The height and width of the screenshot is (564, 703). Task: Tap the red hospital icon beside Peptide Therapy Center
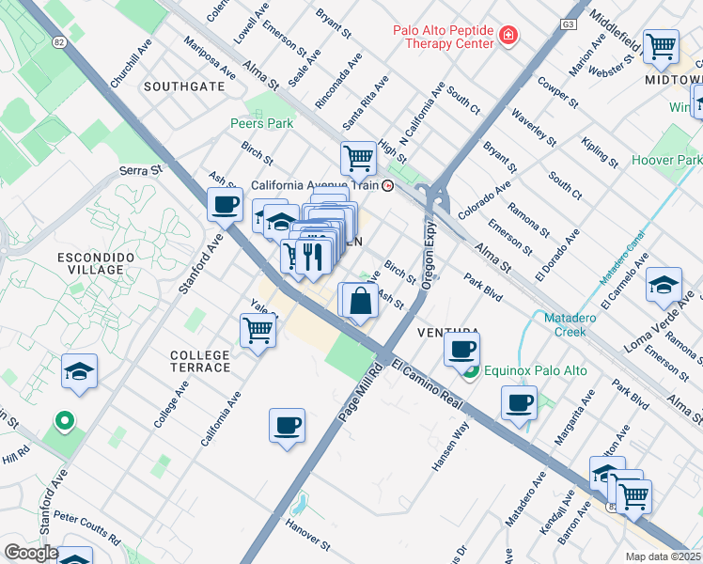click(x=508, y=36)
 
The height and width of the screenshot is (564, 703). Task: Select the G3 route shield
click(x=569, y=23)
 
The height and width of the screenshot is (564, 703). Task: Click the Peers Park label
click(x=262, y=123)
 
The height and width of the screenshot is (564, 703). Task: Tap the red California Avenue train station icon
click(x=387, y=185)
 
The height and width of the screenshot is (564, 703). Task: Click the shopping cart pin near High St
click(x=358, y=159)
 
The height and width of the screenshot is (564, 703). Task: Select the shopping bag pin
click(x=360, y=302)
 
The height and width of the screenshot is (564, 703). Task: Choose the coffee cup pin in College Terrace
click(x=288, y=425)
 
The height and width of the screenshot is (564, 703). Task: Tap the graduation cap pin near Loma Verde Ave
click(x=664, y=285)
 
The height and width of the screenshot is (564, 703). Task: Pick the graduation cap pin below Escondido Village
click(x=80, y=371)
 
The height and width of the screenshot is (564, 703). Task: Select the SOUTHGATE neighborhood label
click(x=184, y=86)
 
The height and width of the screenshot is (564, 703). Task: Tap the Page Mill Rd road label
click(x=367, y=383)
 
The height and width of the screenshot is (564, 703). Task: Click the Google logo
click(x=31, y=553)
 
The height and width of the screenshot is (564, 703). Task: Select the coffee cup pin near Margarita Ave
click(x=519, y=404)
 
